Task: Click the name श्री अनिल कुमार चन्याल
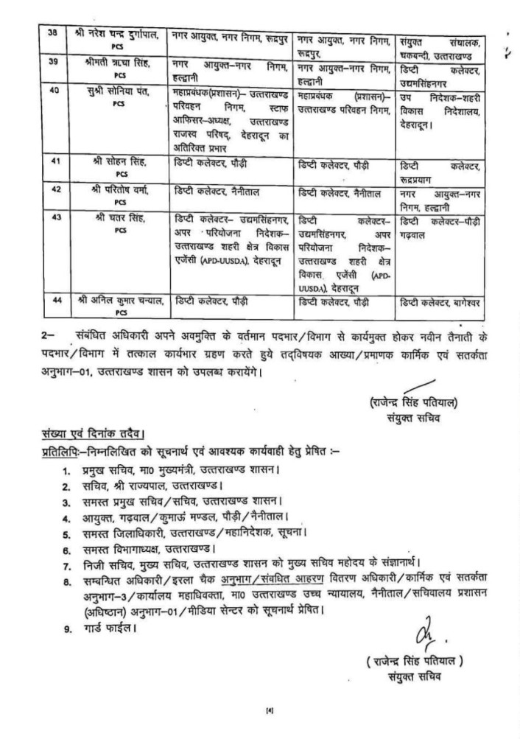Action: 114,303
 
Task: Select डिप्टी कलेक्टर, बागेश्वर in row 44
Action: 445,303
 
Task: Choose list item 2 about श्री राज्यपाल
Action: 140,486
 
